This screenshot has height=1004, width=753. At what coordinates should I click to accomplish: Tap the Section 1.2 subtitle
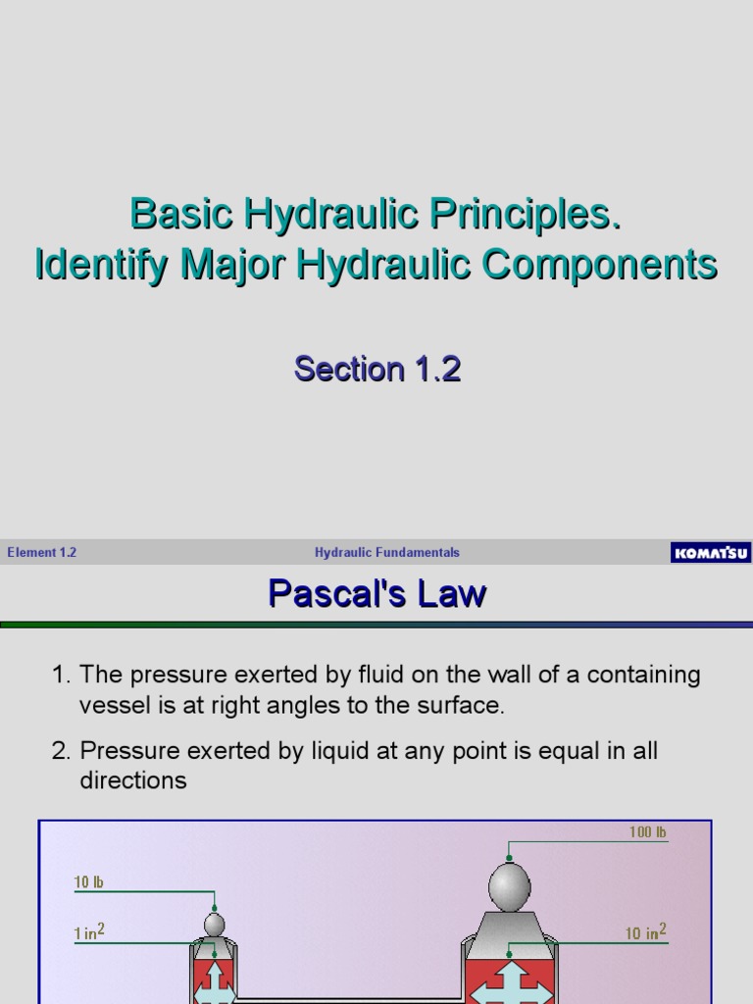(377, 369)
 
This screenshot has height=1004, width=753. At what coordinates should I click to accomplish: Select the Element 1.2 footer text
(41, 553)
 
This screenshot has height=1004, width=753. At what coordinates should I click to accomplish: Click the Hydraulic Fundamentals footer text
(386, 553)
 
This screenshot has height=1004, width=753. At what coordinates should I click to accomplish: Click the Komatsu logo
(710, 553)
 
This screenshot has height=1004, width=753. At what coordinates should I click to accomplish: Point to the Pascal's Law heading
(377, 594)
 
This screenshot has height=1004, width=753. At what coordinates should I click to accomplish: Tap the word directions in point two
(132, 781)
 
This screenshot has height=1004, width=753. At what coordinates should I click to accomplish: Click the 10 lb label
(88, 882)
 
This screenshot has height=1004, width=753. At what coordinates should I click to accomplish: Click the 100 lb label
(648, 832)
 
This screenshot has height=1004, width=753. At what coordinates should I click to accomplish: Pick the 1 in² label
(89, 934)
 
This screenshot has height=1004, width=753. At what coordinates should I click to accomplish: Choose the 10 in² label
(645, 933)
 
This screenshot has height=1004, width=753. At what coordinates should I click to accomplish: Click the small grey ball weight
(214, 925)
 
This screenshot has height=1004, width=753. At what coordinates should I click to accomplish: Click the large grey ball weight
(509, 887)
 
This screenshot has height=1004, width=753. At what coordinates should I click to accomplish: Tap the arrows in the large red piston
(509, 981)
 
